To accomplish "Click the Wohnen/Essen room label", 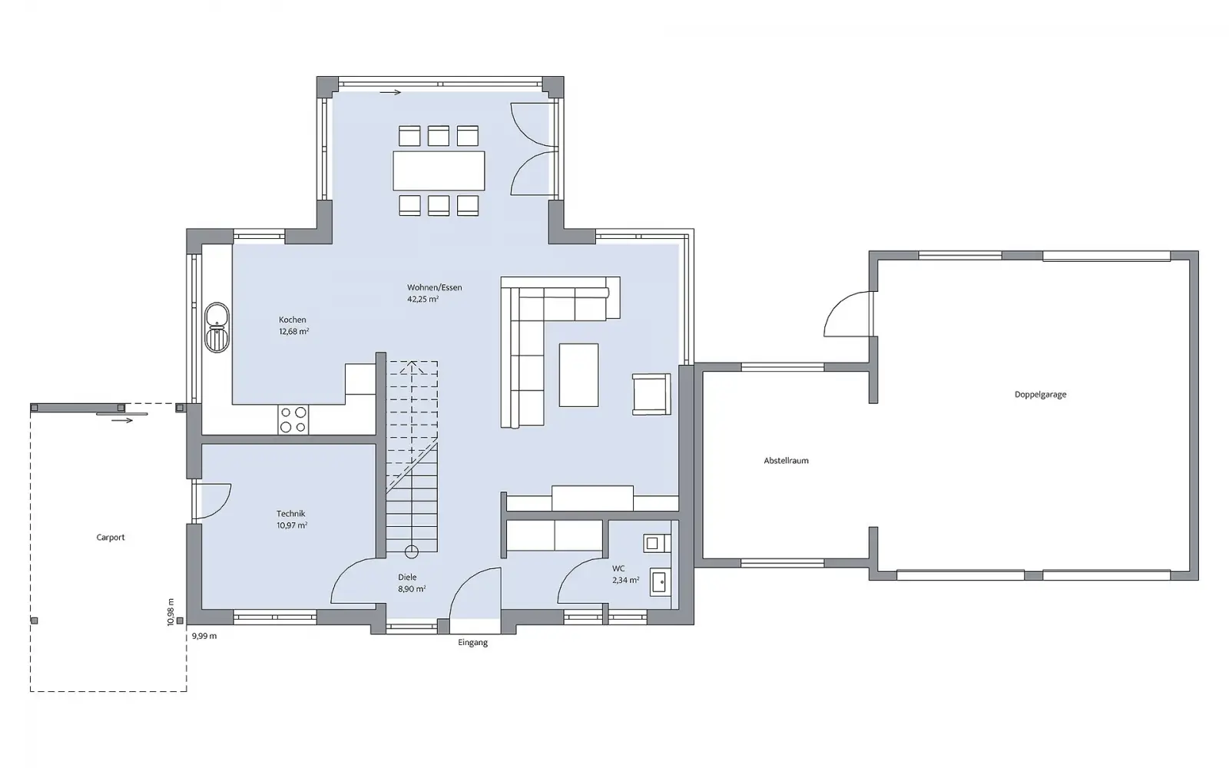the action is click(435, 287).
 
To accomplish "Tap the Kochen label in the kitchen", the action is click(293, 319).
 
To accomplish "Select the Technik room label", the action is click(291, 514).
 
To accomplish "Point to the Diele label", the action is click(407, 577).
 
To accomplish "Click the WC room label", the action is click(618, 569).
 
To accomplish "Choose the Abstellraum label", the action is click(787, 461).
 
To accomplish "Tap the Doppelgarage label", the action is click(1040, 395).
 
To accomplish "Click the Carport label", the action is click(111, 538).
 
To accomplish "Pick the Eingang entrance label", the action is click(473, 642).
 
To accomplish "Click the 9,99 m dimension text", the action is click(204, 637).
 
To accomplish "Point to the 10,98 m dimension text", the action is click(171, 612).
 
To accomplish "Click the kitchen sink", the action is click(217, 327).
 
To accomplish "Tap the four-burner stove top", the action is click(293, 419).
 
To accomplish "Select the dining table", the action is click(439, 170).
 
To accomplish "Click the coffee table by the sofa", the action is click(579, 376).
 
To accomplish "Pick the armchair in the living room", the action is click(651, 395).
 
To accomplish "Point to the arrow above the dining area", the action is click(391, 93).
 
